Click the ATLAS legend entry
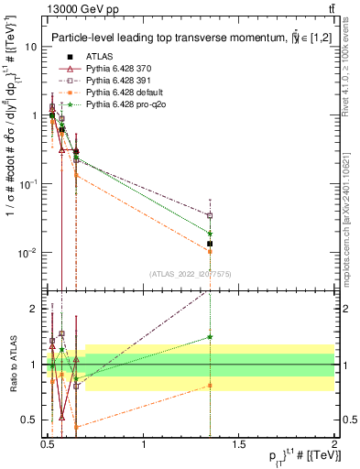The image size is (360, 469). tap(99, 58)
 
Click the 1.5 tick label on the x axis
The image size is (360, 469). tap(239, 444)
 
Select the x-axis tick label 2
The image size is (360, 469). tap(333, 444)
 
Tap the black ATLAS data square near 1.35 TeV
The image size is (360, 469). tap(210, 244)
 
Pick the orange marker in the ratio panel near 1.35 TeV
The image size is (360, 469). tap(210, 386)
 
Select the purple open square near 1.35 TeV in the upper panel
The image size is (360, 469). tap(210, 215)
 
